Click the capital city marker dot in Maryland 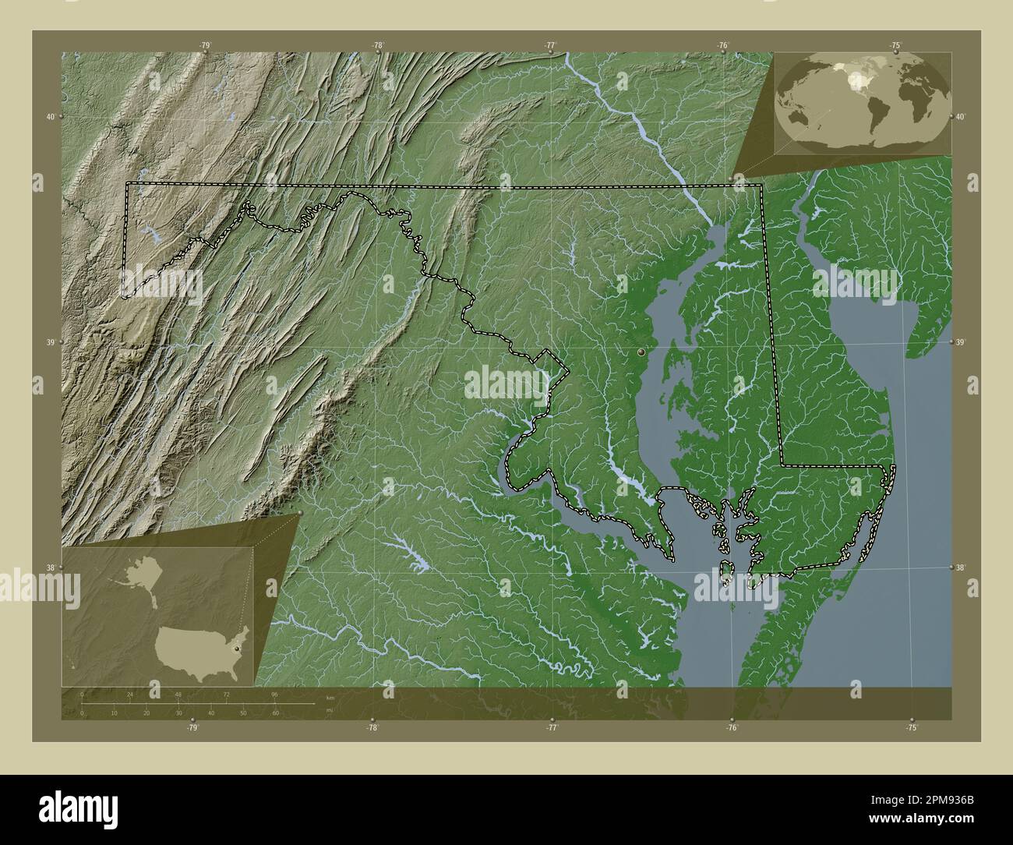(x=641, y=352)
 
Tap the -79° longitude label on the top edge (x=205, y=45)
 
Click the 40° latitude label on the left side (x=50, y=117)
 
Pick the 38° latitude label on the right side (x=963, y=567)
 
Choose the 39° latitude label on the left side (x=50, y=342)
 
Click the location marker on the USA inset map (x=236, y=635)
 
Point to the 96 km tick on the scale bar (x=275, y=693)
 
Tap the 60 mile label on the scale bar (x=275, y=712)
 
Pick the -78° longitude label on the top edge (x=378, y=45)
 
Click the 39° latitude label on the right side (x=963, y=342)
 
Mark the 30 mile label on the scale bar (x=178, y=712)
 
